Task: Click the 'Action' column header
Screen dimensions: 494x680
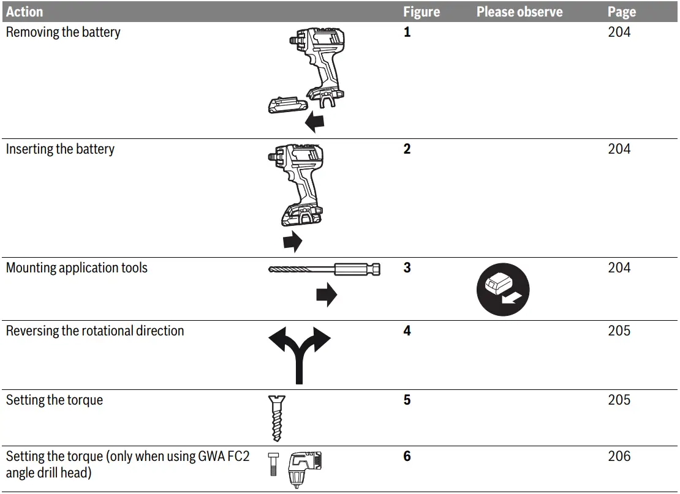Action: click(x=25, y=12)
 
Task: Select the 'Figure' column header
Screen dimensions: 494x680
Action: click(x=421, y=12)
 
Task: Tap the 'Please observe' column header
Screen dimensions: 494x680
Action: click(x=519, y=12)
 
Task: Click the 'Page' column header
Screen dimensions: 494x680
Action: click(x=622, y=12)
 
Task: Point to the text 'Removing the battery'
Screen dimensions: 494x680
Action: click(x=63, y=32)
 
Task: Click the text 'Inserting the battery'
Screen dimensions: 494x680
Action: click(x=60, y=149)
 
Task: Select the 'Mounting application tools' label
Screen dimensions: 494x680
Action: click(x=77, y=268)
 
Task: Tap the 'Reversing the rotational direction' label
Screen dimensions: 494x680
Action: click(x=95, y=331)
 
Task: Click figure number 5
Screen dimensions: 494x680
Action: click(x=407, y=400)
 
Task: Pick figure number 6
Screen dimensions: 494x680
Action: click(x=407, y=456)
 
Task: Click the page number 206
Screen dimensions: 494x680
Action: click(x=619, y=456)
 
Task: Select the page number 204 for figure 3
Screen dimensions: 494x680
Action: click(x=619, y=268)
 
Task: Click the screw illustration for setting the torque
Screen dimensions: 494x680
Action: click(x=276, y=418)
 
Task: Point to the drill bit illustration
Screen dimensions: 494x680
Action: click(x=323, y=269)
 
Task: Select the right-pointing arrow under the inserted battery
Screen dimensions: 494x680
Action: click(x=293, y=241)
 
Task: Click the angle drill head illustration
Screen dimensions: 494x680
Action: click(x=304, y=468)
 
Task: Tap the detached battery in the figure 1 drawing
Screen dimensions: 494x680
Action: click(x=287, y=104)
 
